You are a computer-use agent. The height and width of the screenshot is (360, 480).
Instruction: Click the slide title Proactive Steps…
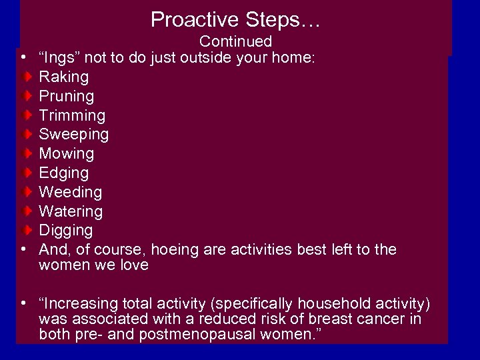click(235, 19)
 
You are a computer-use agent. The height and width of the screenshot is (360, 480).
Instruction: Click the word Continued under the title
click(235, 42)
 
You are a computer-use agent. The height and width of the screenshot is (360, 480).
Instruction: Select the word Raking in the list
click(63, 77)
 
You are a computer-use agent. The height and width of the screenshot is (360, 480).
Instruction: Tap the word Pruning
click(67, 97)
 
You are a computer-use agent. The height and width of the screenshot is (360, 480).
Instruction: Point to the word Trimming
click(72, 116)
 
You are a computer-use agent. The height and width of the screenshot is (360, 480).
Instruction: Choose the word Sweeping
click(73, 135)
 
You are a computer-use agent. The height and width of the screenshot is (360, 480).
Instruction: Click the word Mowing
click(67, 154)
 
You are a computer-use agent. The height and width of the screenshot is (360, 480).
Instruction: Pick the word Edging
click(64, 173)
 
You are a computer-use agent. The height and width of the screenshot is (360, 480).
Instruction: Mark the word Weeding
click(71, 193)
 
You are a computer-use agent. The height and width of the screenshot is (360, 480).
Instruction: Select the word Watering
click(71, 212)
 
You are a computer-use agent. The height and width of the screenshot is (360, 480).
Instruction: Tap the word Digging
click(66, 231)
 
